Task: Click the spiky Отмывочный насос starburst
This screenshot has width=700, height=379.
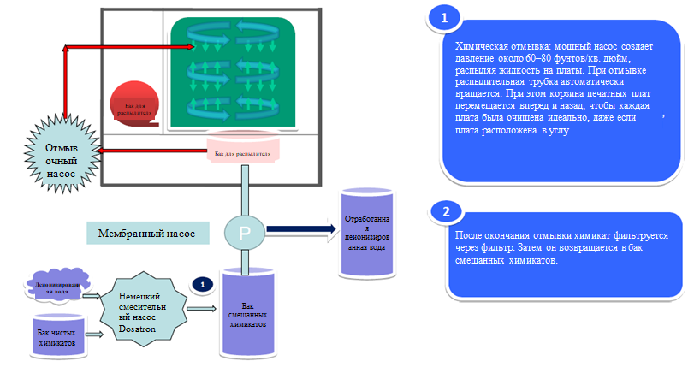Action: (x=62, y=158)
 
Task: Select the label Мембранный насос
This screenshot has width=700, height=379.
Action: (x=147, y=233)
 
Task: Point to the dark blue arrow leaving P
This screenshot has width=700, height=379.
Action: (x=300, y=228)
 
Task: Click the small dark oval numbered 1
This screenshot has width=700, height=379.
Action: (x=201, y=283)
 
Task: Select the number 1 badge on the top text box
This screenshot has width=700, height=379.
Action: (x=442, y=17)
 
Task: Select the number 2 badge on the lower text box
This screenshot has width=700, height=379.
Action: (x=444, y=211)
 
